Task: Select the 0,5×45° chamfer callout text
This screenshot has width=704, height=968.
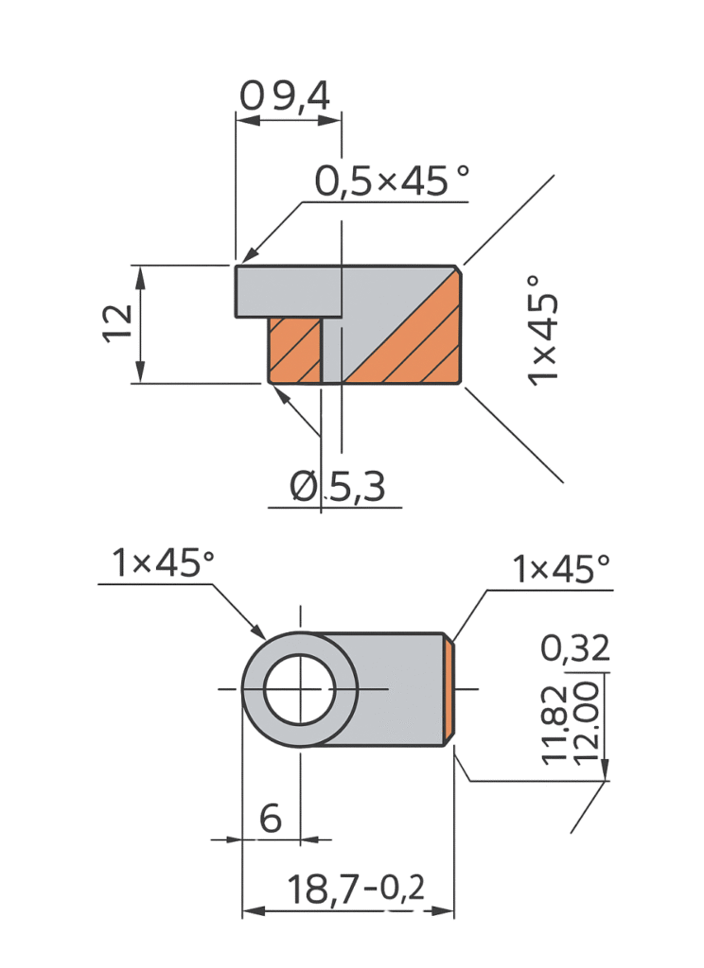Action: point(392,181)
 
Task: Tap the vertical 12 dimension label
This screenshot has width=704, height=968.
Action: point(117,323)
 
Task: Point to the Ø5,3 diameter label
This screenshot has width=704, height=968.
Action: point(338,486)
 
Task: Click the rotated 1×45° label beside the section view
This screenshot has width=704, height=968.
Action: point(543,331)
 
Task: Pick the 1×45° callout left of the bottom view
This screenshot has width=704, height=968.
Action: point(163,562)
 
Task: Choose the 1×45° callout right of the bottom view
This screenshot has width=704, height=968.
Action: point(561,568)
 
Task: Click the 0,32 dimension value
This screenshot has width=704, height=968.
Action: point(574,648)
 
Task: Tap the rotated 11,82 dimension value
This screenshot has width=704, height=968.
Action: point(554,724)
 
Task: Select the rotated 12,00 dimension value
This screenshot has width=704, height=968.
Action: point(586,723)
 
